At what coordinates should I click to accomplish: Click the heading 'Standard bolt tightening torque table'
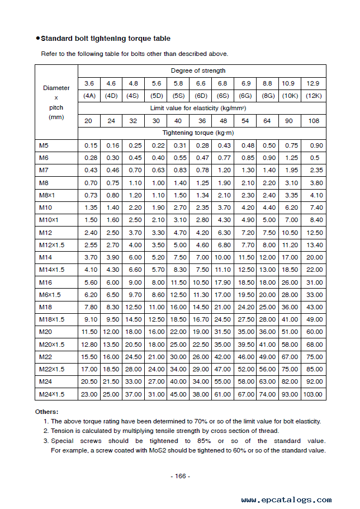(x=106, y=39)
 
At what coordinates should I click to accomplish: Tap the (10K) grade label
(x=290, y=96)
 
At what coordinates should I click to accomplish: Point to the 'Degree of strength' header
(x=198, y=70)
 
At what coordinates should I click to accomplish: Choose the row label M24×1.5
(x=51, y=394)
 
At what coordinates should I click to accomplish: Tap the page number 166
(x=180, y=476)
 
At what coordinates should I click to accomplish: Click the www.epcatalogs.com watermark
(x=286, y=499)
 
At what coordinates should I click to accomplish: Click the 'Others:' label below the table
(x=46, y=412)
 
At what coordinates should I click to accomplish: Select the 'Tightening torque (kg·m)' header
(x=198, y=133)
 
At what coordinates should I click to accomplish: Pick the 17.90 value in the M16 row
(x=222, y=282)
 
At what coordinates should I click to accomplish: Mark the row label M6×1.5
(x=50, y=295)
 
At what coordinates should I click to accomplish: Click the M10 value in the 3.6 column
(x=91, y=208)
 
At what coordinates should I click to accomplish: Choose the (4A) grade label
(x=89, y=96)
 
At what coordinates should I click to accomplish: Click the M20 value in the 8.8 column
(x=267, y=332)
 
